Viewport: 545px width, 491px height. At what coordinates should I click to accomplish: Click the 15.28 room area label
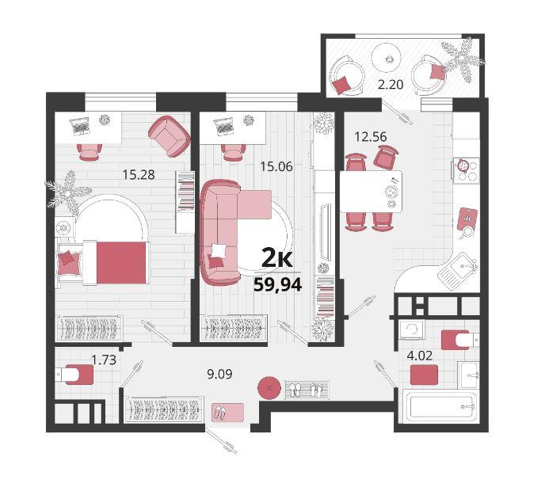(x=139, y=174)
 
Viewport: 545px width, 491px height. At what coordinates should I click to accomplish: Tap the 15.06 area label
(x=276, y=167)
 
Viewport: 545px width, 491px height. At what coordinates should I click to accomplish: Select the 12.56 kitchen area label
(x=371, y=136)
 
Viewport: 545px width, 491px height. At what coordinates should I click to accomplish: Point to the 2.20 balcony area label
(x=391, y=85)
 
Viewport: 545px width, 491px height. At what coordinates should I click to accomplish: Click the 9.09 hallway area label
(x=219, y=375)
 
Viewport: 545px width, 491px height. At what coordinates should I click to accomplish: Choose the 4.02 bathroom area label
(x=420, y=356)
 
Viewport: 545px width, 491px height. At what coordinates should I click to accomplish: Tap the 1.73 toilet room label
(x=104, y=360)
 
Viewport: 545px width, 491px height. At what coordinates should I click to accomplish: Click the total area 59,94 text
(x=278, y=285)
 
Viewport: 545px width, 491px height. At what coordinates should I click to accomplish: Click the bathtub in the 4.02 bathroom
(x=440, y=406)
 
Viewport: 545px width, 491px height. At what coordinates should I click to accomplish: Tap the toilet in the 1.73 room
(x=74, y=375)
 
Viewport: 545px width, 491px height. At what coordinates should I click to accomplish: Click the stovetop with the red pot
(x=466, y=170)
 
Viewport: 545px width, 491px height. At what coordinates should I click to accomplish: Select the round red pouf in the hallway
(x=269, y=387)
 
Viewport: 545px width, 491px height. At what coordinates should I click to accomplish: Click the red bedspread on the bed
(x=121, y=263)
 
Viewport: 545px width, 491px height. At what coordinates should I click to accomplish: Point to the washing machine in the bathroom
(x=412, y=329)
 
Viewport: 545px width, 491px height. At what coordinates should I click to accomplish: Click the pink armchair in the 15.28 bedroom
(x=170, y=136)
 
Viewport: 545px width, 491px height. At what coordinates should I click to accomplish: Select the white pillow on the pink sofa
(x=219, y=250)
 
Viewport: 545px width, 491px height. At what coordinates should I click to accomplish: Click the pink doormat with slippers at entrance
(x=227, y=413)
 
